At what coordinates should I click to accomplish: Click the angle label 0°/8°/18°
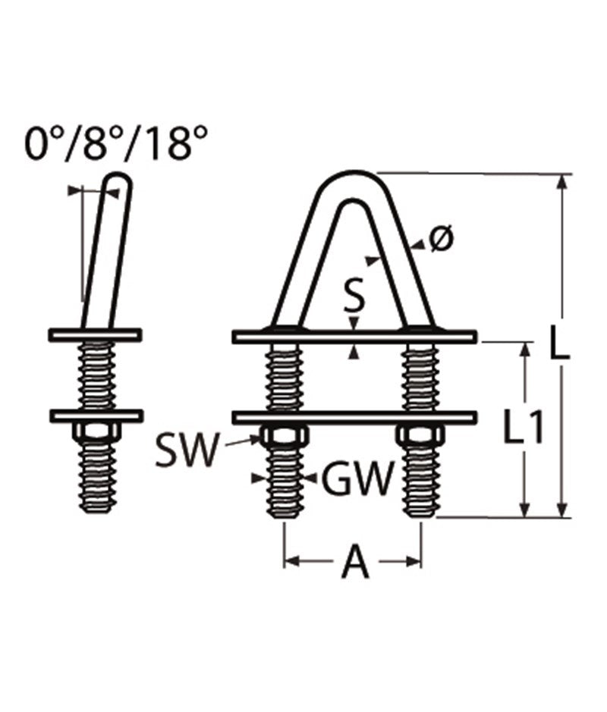116,143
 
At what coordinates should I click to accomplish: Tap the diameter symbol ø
440,240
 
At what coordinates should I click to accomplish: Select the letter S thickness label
353,296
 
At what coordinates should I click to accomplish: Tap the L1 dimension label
524,431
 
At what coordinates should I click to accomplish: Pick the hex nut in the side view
96,431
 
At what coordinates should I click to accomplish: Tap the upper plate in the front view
354,337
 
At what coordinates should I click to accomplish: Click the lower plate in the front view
354,417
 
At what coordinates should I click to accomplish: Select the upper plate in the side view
95,334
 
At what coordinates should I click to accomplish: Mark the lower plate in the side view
96,416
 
